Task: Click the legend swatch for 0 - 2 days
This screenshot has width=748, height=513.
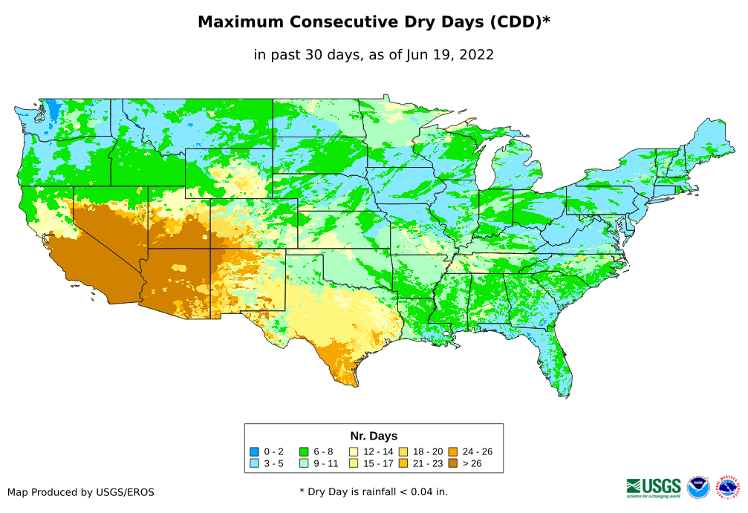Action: pyautogui.click(x=254, y=451)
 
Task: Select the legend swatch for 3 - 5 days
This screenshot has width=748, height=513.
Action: pyautogui.click(x=254, y=464)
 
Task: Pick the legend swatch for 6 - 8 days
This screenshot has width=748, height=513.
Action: pyautogui.click(x=304, y=451)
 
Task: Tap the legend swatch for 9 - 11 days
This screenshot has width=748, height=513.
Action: pyautogui.click(x=304, y=464)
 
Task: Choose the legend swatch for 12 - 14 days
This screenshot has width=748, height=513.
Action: pyautogui.click(x=354, y=451)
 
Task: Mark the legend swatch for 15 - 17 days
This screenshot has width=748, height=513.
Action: pyautogui.click(x=354, y=464)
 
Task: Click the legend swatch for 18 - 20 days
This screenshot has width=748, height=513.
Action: pyautogui.click(x=403, y=451)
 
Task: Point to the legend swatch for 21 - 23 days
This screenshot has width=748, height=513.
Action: pyautogui.click(x=403, y=464)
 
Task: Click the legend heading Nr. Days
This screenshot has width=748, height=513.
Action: pyautogui.click(x=374, y=436)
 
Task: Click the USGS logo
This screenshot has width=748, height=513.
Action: pyautogui.click(x=654, y=487)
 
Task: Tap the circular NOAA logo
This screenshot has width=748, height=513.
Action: pyautogui.click(x=698, y=488)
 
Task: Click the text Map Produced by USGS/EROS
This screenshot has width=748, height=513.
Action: pyautogui.click(x=81, y=491)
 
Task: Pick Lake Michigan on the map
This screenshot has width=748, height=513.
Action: pyautogui.click(x=485, y=167)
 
